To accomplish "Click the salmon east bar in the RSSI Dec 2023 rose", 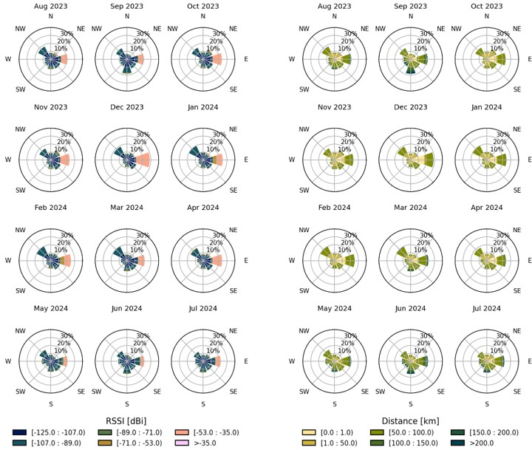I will [143, 160].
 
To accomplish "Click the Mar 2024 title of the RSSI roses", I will [127, 208].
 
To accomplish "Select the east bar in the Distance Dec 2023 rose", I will [426, 160].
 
